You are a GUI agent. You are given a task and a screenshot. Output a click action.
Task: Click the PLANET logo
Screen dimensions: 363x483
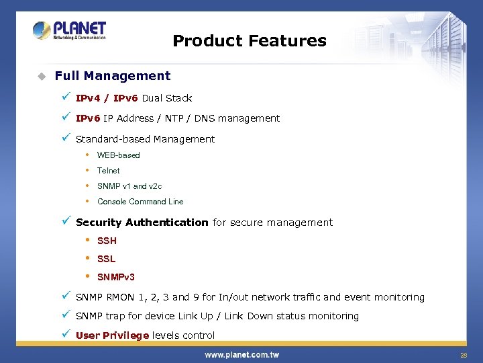pos(69,30)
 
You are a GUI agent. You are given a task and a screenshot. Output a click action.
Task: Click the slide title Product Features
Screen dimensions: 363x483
pos(250,41)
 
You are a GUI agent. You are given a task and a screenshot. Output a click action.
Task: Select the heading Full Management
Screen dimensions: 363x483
pos(113,76)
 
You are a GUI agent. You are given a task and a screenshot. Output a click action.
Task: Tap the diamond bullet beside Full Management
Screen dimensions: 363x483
pos(41,76)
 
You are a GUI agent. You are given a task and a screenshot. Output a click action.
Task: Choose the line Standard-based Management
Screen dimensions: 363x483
pos(145,139)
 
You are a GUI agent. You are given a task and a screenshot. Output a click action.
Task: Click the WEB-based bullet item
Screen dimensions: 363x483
pos(119,155)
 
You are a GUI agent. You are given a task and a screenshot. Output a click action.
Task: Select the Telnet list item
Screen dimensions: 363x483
pos(109,171)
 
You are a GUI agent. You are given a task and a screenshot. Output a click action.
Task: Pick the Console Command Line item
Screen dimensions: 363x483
pos(140,202)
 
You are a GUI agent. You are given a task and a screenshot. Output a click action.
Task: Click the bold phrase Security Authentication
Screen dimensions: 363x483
pos(142,223)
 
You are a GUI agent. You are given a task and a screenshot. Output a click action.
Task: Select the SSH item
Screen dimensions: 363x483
pos(107,241)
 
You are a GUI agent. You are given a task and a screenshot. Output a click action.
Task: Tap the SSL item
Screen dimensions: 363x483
pos(106,259)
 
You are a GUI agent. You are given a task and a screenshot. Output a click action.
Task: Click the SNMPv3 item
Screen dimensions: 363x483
pos(116,277)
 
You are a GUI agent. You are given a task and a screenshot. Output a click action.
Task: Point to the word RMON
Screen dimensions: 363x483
pos(119,297)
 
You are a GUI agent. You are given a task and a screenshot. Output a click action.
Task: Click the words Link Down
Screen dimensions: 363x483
pos(244,316)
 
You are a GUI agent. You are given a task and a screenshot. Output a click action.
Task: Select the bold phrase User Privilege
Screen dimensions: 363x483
pos(112,335)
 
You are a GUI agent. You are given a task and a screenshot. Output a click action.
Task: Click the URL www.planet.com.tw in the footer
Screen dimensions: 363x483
pos(241,354)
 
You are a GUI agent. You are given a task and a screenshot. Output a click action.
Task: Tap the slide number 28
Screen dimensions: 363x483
pos(463,354)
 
